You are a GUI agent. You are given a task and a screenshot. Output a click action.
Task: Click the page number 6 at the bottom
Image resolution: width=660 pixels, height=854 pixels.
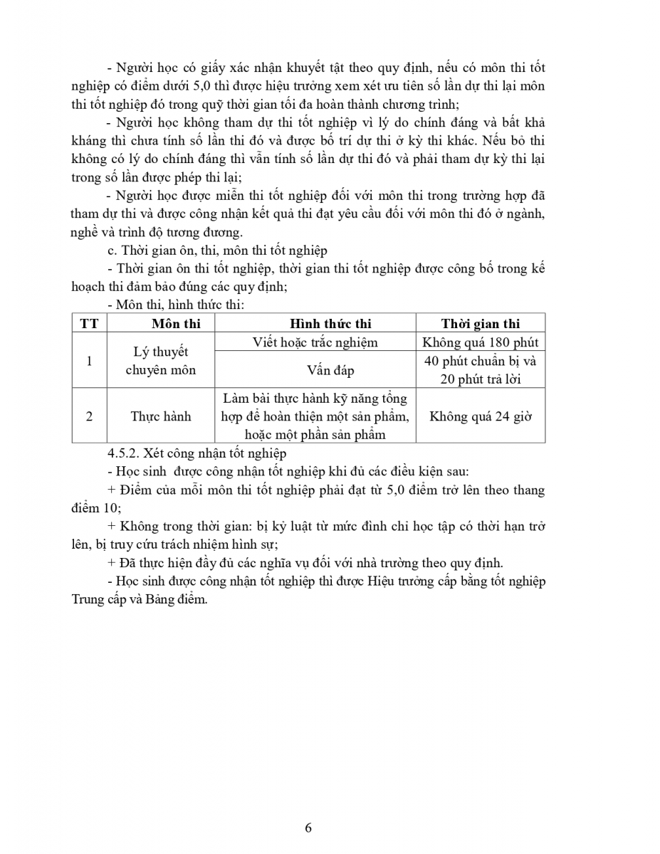tap(308, 827)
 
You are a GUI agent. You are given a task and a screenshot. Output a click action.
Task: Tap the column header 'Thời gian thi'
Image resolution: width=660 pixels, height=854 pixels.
tap(481, 323)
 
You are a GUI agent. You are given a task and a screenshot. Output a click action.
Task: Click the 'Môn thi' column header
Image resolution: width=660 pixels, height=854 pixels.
tap(161, 323)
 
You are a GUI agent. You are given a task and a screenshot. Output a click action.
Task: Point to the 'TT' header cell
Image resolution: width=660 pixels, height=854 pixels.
tap(89, 323)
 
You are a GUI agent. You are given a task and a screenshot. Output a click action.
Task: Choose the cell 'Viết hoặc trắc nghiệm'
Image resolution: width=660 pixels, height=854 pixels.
tap(315, 342)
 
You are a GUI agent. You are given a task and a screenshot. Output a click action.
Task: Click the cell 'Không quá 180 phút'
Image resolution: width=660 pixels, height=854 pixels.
tap(481, 342)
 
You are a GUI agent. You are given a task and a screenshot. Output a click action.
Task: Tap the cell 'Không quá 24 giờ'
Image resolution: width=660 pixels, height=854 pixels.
tap(481, 416)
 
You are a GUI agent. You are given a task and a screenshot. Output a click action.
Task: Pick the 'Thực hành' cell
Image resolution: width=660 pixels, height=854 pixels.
tap(161, 416)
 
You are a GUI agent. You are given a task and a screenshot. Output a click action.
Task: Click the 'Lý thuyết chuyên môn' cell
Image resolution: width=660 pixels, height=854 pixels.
tap(161, 361)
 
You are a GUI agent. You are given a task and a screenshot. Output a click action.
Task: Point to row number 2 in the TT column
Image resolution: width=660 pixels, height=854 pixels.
tap(89, 416)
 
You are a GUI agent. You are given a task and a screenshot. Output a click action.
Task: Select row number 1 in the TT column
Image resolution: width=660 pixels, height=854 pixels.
tap(89, 361)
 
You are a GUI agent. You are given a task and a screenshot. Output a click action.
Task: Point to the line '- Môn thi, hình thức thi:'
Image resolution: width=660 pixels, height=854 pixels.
tap(174, 305)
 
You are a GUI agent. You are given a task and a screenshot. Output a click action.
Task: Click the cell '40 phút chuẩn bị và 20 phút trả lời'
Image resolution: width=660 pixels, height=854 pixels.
tap(481, 370)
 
